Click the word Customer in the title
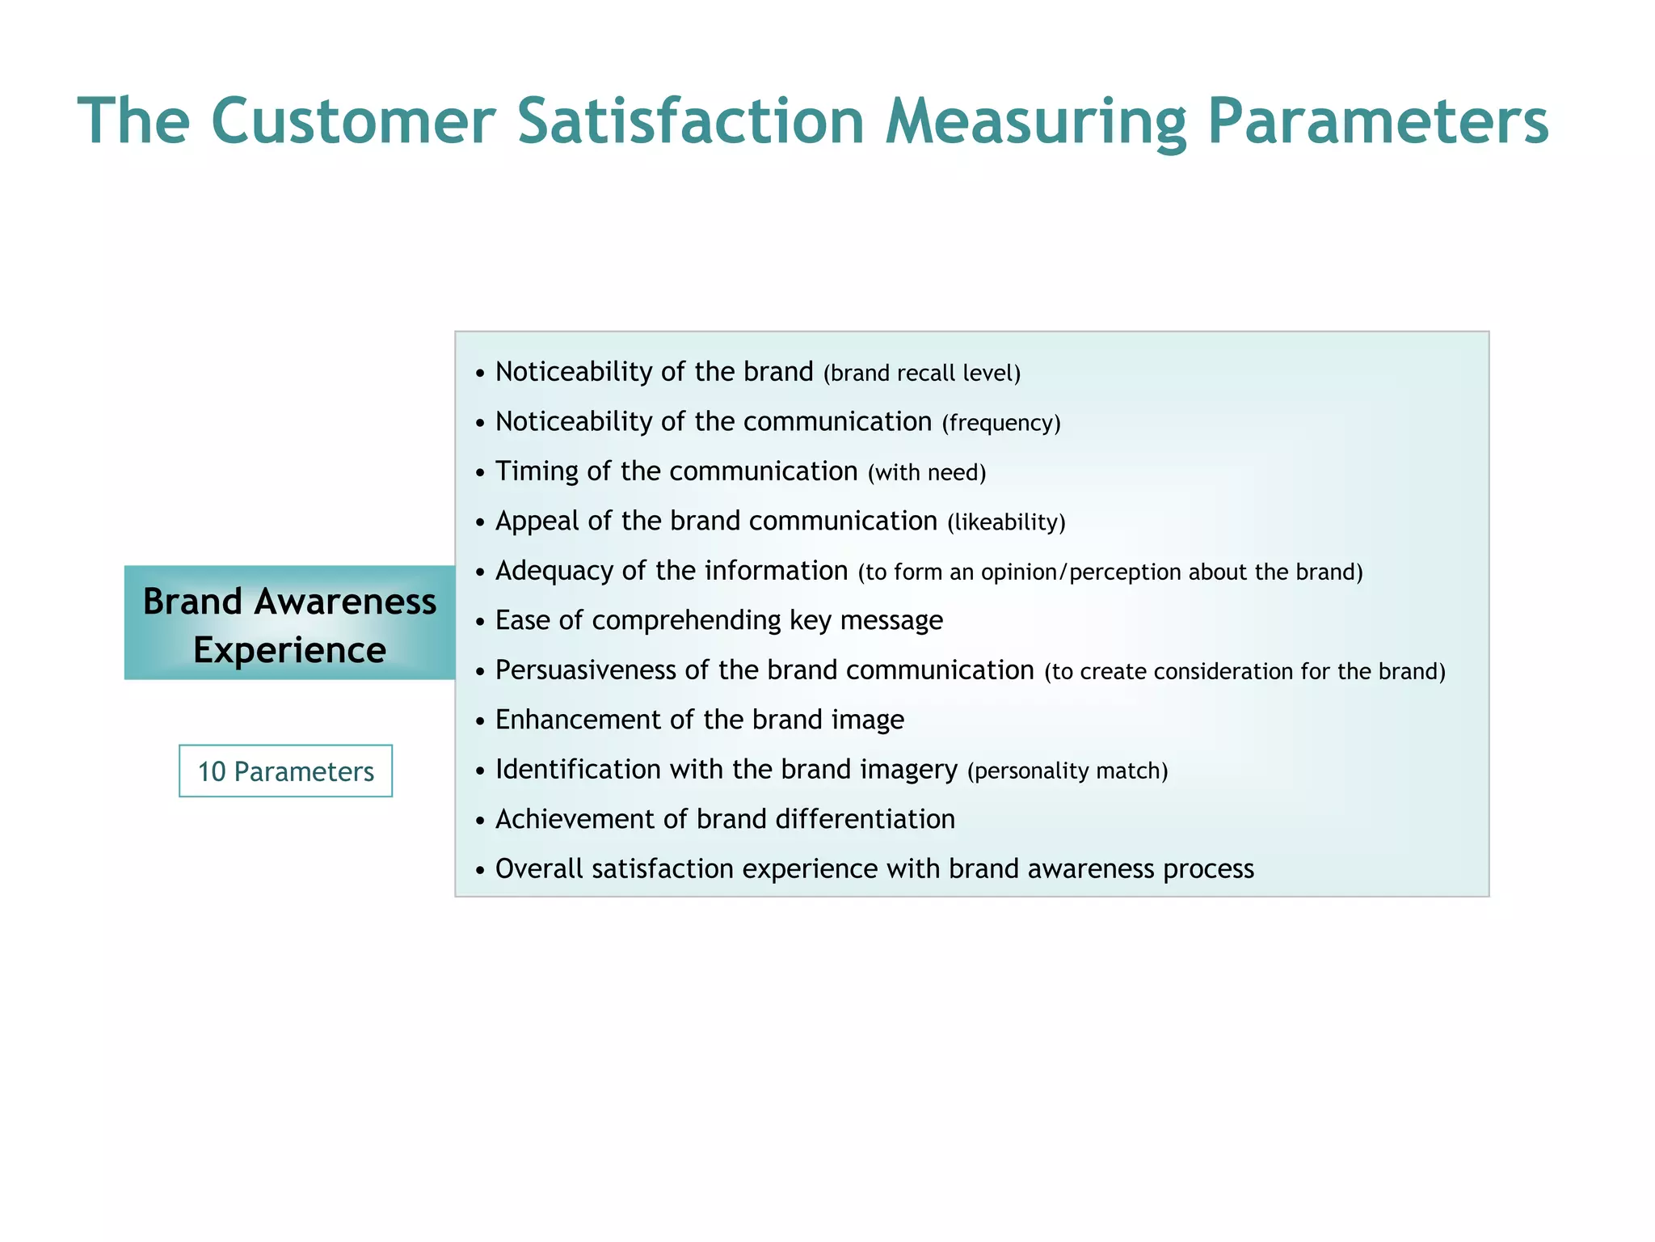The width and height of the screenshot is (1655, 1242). [x=352, y=121]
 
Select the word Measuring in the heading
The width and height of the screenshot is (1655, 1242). [x=1035, y=121]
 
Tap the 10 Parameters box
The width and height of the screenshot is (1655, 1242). [x=285, y=771]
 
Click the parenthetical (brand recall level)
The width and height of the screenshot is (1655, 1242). [x=921, y=374]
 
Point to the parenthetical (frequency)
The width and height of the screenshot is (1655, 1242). [x=1000, y=423]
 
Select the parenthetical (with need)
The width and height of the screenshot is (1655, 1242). [x=926, y=473]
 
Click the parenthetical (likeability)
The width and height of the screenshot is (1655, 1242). [x=1005, y=522]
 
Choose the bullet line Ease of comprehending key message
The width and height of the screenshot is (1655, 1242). [x=718, y=620]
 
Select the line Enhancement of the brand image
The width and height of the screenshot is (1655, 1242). [x=699, y=720]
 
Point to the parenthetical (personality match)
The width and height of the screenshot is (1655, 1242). [x=1067, y=771]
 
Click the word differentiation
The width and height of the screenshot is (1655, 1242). [x=865, y=819]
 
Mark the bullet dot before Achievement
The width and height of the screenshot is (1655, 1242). [x=480, y=821]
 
